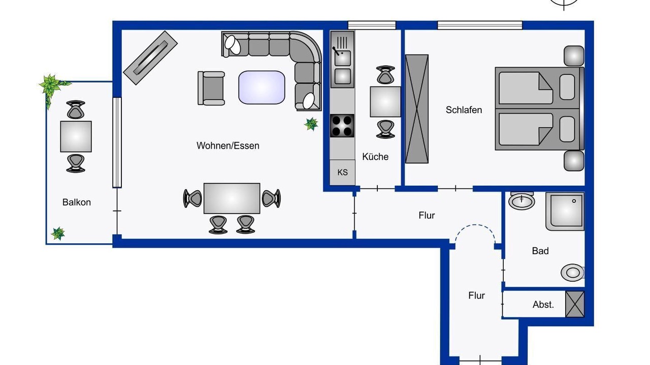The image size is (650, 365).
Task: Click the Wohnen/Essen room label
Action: [228, 145]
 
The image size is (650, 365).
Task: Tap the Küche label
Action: [375, 157]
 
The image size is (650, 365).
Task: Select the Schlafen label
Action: [464, 110]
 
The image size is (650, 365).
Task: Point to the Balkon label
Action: [77, 202]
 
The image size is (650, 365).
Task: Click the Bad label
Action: [540, 250]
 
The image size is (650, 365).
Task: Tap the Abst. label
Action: [543, 305]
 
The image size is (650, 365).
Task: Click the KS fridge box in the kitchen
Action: [342, 172]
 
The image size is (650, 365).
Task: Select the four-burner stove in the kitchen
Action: [342, 126]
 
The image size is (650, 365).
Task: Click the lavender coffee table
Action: [262, 87]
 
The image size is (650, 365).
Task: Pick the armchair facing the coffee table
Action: [211, 88]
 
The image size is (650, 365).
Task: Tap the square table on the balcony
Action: [76, 136]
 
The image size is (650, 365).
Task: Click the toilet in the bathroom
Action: [572, 272]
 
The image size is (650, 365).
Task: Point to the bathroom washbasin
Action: [522, 200]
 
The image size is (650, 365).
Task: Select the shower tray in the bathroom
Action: [565, 211]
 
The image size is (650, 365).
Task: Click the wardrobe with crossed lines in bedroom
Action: [417, 109]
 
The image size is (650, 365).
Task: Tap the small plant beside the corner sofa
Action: [311, 124]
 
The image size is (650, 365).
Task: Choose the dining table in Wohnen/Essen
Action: [232, 198]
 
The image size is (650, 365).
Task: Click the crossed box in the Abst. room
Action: [575, 304]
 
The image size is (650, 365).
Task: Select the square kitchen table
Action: [385, 102]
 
